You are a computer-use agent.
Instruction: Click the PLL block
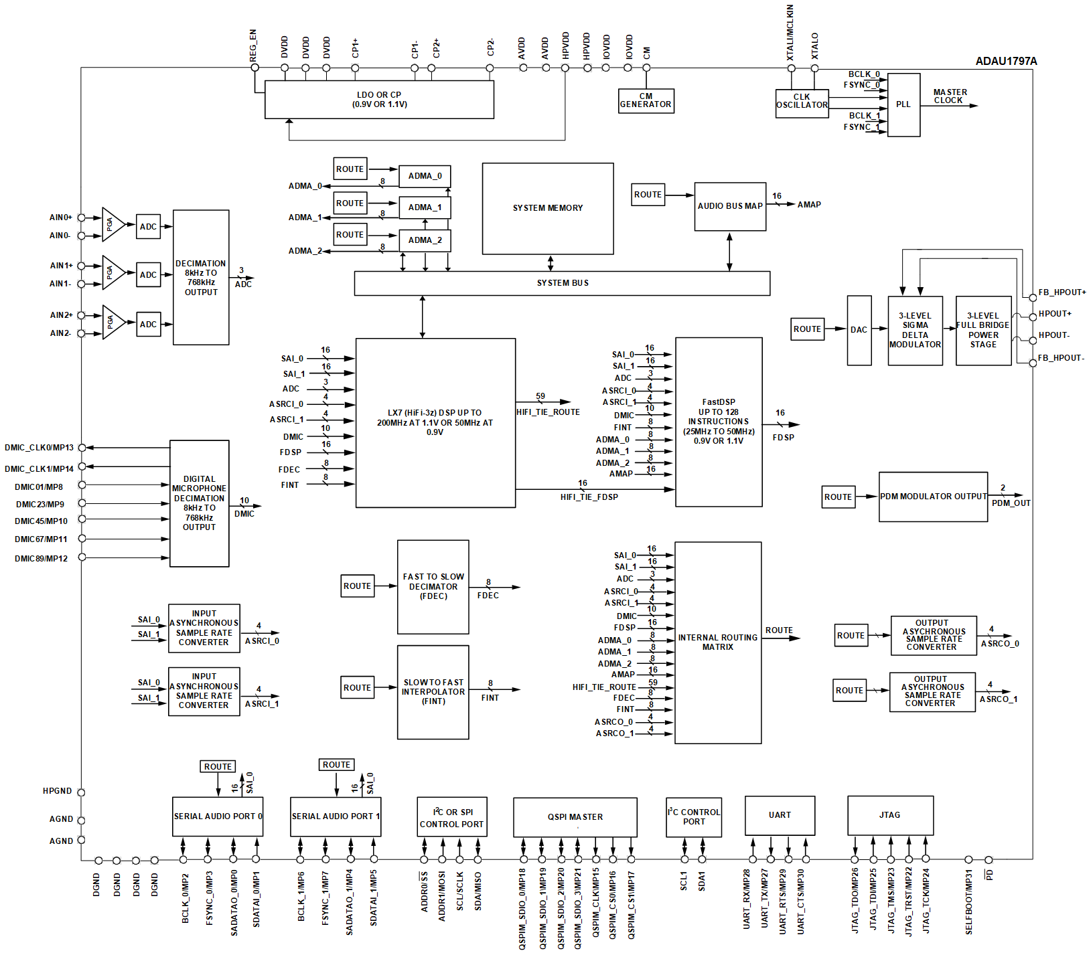point(903,104)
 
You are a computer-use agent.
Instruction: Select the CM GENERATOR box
point(646,101)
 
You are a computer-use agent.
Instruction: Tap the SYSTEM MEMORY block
point(548,208)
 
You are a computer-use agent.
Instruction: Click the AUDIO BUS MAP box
point(730,206)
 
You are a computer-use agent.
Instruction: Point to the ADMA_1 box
point(425,207)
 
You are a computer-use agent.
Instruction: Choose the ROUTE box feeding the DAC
point(807,329)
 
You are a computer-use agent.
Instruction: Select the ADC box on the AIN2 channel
point(148,325)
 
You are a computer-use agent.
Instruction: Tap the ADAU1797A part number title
point(1006,61)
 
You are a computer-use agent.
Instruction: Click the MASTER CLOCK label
point(950,96)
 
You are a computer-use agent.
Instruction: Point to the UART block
point(780,815)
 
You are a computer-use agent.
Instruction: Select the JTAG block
point(890,815)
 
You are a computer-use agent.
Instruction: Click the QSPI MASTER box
point(575,817)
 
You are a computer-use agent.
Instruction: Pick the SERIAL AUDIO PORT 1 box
point(336,816)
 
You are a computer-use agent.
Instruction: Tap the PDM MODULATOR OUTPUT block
point(933,497)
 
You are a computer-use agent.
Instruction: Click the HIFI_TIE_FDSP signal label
point(589,497)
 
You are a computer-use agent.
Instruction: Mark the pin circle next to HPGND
point(81,792)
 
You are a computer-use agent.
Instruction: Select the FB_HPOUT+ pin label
point(1062,292)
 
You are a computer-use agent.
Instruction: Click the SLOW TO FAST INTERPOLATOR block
point(433,692)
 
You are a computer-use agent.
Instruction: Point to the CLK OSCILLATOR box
point(802,101)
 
